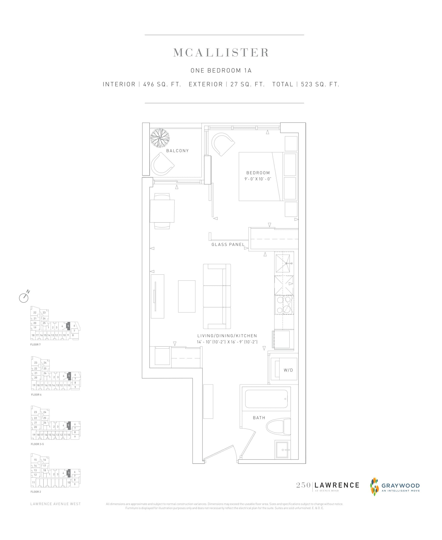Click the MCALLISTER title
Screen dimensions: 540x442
pos(221,53)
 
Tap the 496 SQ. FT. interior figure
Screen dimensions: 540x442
pos(162,84)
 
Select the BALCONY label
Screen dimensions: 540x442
pos(177,151)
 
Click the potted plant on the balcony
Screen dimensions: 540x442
pos(160,138)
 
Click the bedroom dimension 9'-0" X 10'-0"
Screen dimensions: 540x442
pos(258,179)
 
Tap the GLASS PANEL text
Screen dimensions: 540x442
pos(228,244)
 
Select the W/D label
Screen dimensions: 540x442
pos(288,370)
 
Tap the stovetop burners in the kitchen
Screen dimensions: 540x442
pos(284,305)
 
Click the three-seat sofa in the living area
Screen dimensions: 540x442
pos(217,296)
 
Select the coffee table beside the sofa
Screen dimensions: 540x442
pos(187,296)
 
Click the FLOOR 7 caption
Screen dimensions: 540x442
pos(35,344)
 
